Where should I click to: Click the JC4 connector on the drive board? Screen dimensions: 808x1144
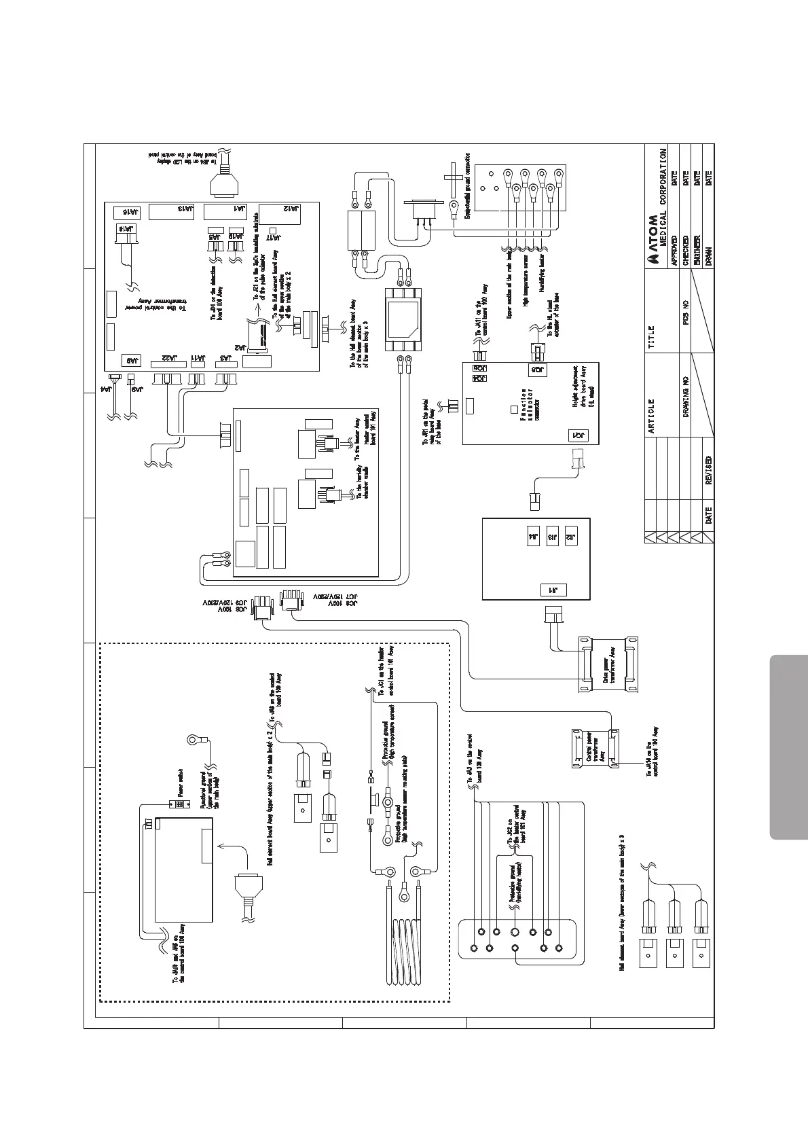pyautogui.click(x=579, y=435)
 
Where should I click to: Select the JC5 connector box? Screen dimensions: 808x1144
pyautogui.click(x=536, y=370)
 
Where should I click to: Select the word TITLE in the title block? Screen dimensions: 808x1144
pyautogui.click(x=651, y=337)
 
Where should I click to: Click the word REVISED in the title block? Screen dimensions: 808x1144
pyautogui.click(x=708, y=470)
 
